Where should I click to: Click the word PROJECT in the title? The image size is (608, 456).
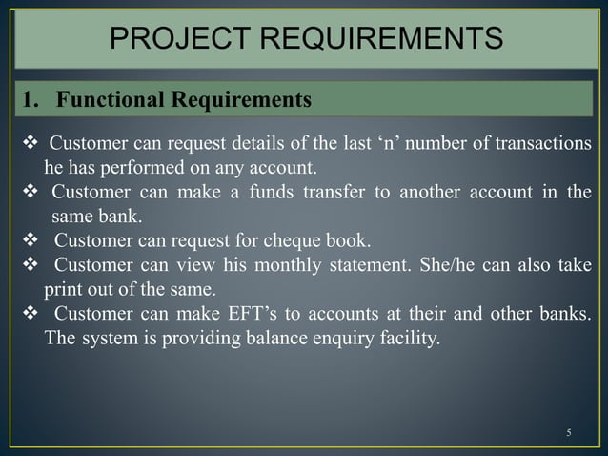tap(169, 38)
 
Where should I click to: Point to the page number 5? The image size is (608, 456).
tap(568, 433)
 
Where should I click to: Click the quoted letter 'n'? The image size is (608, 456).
tap(397, 144)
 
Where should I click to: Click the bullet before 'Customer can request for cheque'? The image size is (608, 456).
tap(29, 238)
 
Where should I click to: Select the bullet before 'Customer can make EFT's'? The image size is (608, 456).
tap(29, 314)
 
